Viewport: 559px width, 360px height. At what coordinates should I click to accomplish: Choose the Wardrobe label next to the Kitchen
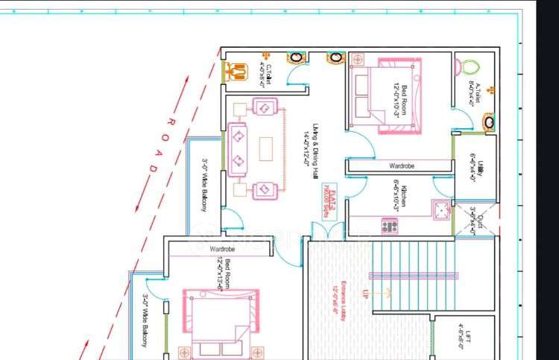[x=401, y=165]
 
